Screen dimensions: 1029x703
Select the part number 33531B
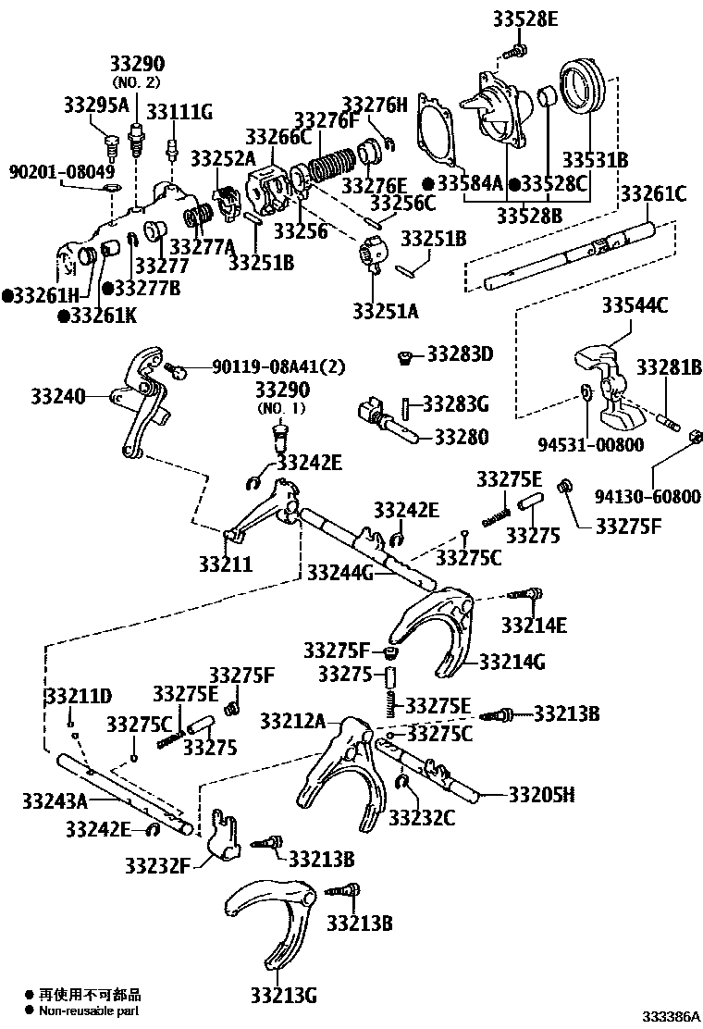tap(595, 159)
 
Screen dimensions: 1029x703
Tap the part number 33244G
tap(340, 573)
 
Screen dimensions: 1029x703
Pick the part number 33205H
tap(541, 794)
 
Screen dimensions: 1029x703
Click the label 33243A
tap(55, 800)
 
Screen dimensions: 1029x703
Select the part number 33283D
tap(460, 354)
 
